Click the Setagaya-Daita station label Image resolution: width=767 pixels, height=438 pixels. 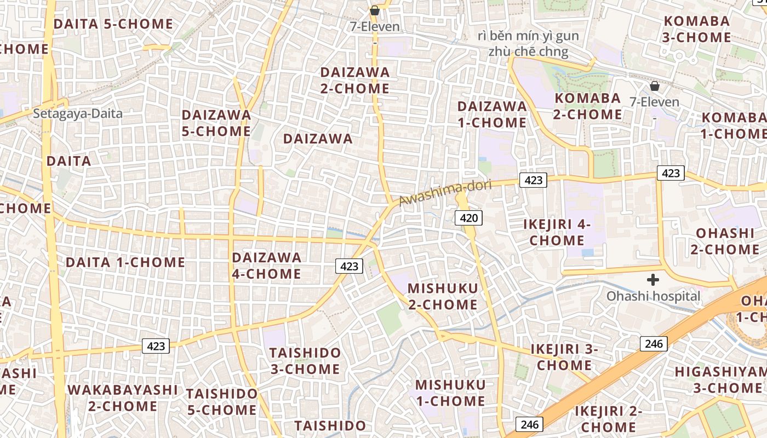click(x=78, y=114)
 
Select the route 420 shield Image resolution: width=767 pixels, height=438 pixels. click(x=469, y=218)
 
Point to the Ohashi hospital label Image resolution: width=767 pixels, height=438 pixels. click(x=653, y=296)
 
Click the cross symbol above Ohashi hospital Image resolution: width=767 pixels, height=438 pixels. click(x=652, y=280)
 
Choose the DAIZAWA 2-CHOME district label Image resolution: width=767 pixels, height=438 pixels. click(x=355, y=80)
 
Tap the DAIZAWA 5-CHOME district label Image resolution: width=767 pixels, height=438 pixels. click(x=216, y=123)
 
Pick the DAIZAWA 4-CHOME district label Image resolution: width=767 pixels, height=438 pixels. click(x=267, y=266)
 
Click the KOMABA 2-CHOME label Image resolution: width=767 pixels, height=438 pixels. click(x=588, y=106)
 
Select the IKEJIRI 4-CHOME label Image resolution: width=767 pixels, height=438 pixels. click(x=557, y=232)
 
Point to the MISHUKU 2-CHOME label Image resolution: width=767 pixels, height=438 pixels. click(x=443, y=296)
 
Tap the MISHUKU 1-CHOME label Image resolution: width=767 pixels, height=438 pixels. click(x=450, y=393)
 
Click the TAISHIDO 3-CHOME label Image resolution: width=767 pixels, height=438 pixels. click(x=305, y=360)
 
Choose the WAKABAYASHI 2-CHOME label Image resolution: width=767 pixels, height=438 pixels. click(x=123, y=398)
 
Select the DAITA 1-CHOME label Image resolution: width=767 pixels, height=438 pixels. click(x=125, y=262)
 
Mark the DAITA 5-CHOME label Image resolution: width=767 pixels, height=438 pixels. click(x=113, y=24)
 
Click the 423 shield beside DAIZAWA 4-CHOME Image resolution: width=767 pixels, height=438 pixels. click(x=349, y=267)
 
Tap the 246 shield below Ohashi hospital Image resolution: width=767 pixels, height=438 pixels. click(x=654, y=344)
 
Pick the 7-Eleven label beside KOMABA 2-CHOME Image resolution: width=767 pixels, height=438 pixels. click(x=654, y=102)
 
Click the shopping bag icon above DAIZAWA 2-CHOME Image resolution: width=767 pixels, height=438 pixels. click(x=375, y=10)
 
